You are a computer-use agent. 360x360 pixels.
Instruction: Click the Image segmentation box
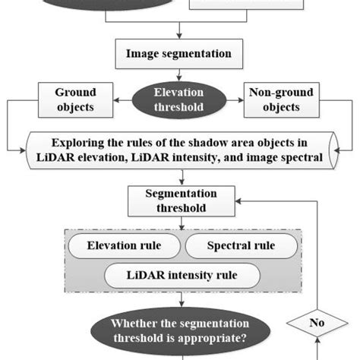point(179,55)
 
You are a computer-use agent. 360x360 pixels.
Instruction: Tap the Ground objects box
point(74,100)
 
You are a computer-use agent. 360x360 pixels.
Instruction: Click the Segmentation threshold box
point(179,201)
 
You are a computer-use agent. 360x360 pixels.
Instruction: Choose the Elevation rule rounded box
point(125,246)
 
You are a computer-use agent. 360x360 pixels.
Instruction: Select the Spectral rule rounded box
point(240,246)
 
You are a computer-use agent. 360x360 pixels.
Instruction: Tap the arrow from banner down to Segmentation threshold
point(179,178)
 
